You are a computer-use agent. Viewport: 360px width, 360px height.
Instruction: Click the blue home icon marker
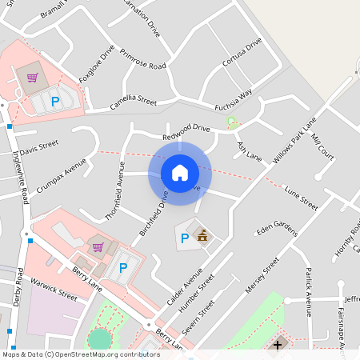point(180,173)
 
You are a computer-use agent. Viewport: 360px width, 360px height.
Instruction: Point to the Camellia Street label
point(134,102)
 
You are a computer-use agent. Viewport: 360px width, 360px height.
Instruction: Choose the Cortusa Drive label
point(242,55)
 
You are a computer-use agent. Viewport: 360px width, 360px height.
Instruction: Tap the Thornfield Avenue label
point(114,190)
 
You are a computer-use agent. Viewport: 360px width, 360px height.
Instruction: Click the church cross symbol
point(278,346)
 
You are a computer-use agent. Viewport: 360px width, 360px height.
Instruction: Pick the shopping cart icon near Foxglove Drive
point(32,78)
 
